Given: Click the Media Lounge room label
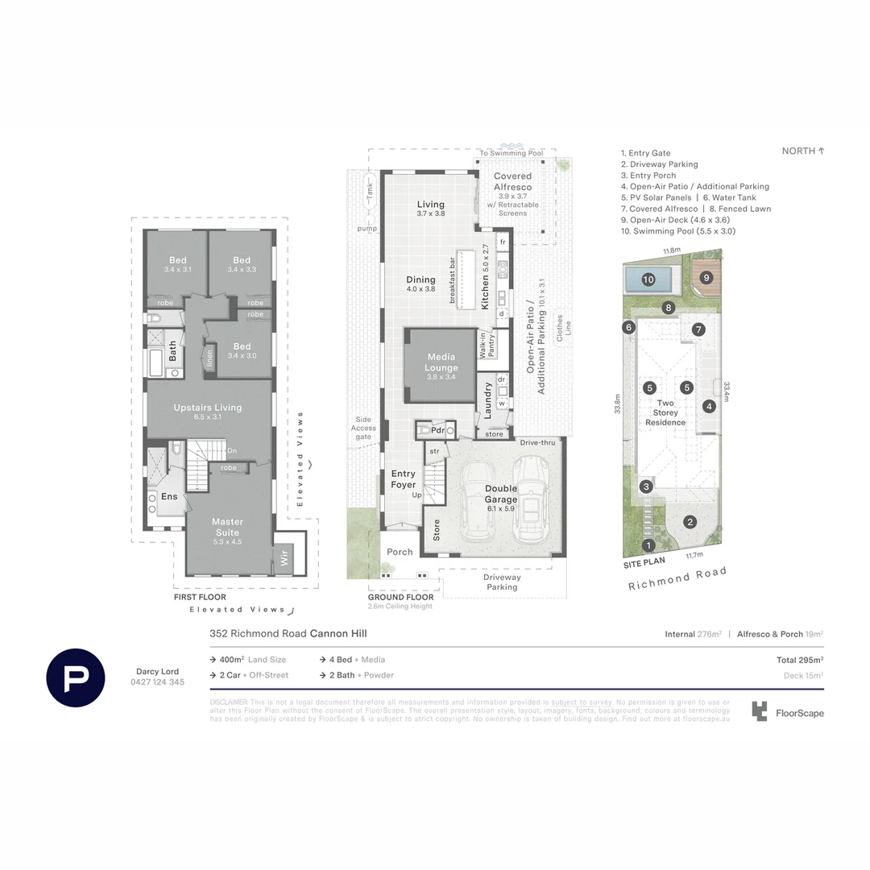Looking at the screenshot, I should pos(441,362).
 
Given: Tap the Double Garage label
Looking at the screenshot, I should pos(501,494).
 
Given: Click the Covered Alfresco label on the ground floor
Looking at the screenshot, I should pos(512,181).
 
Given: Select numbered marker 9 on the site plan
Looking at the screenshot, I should pos(706,278).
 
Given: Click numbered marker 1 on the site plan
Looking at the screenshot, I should pos(651,546).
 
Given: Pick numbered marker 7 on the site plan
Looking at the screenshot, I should pos(698,329).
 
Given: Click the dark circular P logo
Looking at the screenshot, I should pos(75,677).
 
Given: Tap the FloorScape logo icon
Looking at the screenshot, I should pos(759,711).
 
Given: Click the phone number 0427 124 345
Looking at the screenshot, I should pos(157,681).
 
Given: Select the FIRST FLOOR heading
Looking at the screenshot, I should pos(200,597).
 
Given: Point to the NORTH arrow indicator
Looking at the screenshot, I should pos(803,151).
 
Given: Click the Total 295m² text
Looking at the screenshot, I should pos(799,660).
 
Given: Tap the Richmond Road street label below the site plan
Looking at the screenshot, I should pos(677,578).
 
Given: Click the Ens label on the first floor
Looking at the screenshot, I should pos(169,497).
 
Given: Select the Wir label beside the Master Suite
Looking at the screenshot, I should pos(284,557).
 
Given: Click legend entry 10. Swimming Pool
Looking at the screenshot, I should pos(677,231).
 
